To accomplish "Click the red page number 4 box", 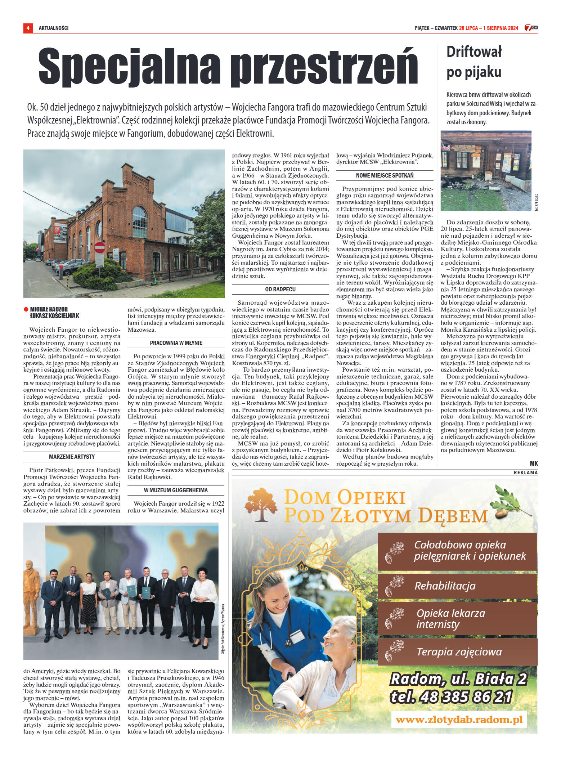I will (28, 28).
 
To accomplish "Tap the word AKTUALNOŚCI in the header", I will (54, 28).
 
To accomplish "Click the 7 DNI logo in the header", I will (531, 28).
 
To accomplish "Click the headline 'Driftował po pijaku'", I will (474, 62).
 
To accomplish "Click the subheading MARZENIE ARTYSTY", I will (72, 457).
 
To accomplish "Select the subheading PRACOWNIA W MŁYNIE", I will (176, 343).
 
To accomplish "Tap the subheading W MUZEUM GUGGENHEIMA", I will (176, 490).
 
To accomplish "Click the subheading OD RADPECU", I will (280, 289).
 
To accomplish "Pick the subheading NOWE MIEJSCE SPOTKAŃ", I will (385, 175).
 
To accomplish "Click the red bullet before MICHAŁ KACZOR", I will (26, 309).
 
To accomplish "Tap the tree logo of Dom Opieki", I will (261, 505).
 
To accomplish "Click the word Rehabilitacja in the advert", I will (445, 586).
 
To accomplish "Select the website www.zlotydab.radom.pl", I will (459, 720).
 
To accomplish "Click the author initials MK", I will (533, 463).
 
